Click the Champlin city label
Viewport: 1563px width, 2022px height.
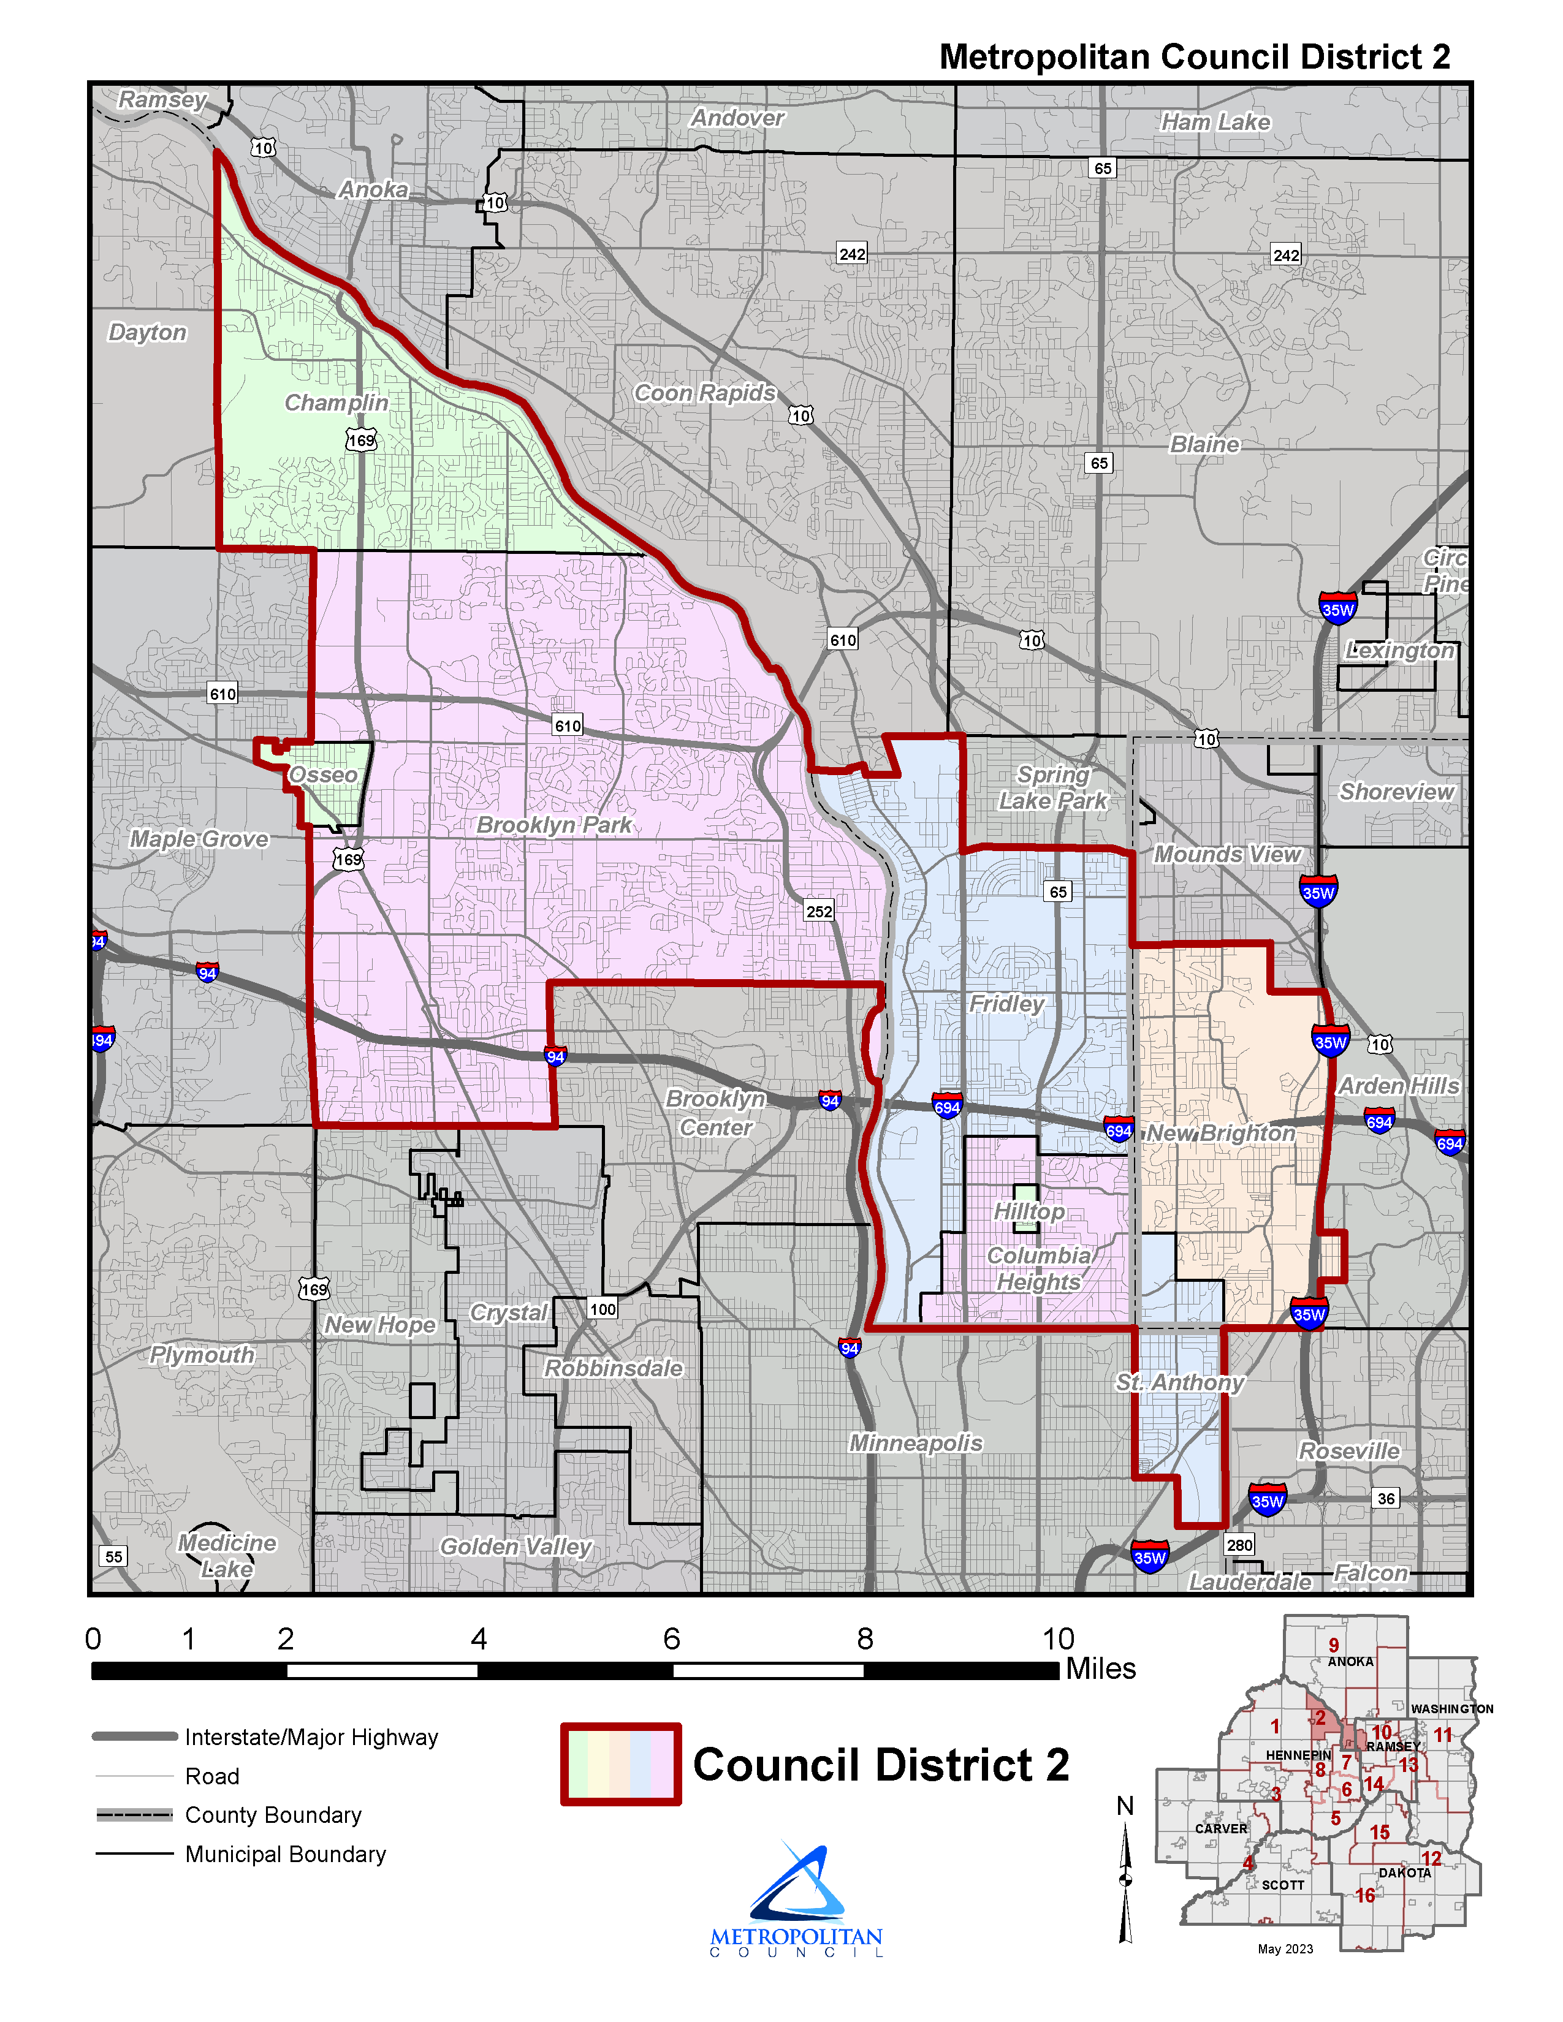336,403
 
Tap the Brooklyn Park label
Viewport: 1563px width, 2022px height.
553,825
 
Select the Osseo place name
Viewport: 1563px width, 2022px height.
323,775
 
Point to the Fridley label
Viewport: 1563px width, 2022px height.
1006,1004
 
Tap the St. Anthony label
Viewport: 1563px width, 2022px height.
1180,1382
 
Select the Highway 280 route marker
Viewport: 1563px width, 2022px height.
1239,1544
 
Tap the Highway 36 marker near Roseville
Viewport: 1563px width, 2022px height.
1385,1498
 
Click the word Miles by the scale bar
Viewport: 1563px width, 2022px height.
1101,1668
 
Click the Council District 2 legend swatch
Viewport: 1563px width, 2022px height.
620,1763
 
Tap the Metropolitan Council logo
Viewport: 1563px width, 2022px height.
796,1898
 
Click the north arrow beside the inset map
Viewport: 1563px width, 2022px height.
1126,1879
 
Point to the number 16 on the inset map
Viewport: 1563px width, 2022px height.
1365,1895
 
